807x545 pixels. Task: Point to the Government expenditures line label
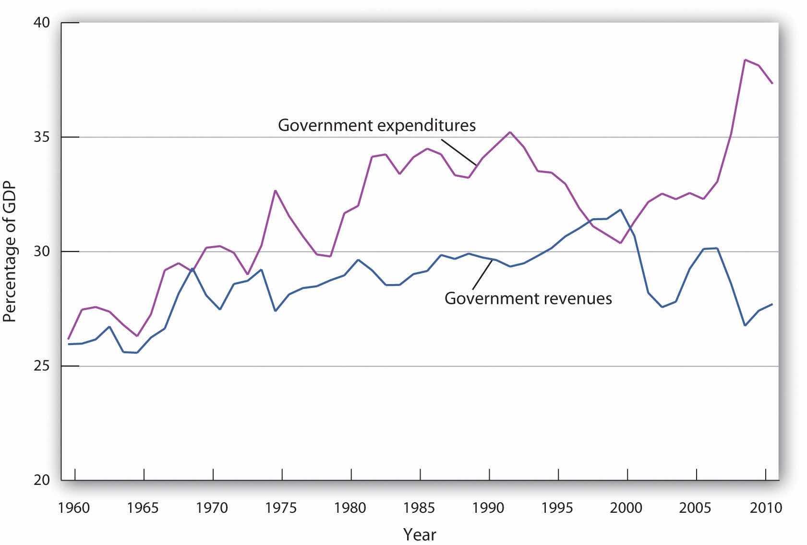pos(377,125)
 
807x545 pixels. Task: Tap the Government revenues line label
pos(528,298)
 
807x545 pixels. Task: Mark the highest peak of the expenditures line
pos(745,60)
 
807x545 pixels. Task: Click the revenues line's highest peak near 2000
pos(621,210)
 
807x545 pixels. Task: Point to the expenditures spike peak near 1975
pos(275,190)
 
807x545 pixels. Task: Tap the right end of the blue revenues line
pos(772,304)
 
